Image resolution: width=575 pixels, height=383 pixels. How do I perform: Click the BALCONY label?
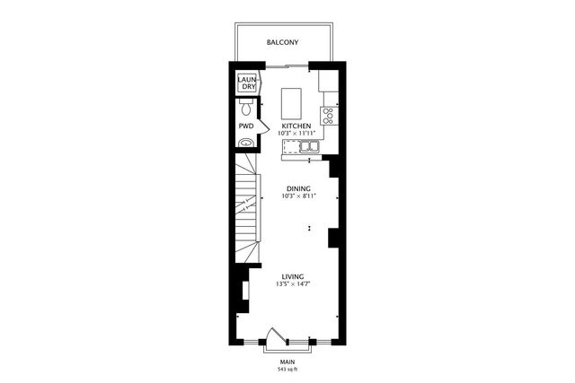pos(283,42)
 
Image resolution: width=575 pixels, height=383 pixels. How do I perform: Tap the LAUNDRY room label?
pos(248,83)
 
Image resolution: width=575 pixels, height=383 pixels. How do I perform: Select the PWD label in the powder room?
pos(245,126)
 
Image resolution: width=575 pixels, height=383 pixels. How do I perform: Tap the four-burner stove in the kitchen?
pos(328,115)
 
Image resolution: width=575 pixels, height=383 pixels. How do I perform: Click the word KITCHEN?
pos(296,126)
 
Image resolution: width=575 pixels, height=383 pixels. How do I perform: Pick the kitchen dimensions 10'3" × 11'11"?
pos(296,135)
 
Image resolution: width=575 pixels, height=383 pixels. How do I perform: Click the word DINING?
pos(298,188)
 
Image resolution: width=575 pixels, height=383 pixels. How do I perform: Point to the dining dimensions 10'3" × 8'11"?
pos(298,196)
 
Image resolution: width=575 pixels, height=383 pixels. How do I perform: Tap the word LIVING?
pos(292,276)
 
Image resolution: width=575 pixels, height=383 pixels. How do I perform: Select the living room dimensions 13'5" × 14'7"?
pos(292,284)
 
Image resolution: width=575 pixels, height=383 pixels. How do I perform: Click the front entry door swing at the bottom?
pos(287,337)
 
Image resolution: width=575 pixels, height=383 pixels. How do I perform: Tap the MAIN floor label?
pos(287,361)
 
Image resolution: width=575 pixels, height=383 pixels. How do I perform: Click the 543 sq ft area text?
pos(287,369)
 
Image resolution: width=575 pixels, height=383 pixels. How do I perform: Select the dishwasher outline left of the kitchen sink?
pos(289,145)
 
